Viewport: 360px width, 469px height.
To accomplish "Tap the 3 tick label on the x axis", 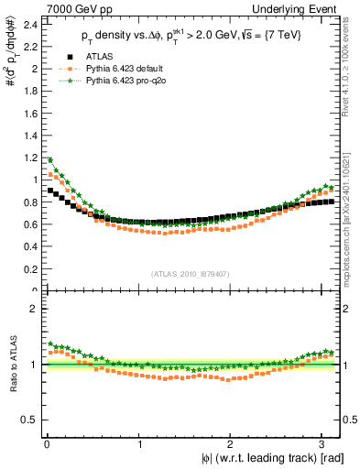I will (x=325, y=444).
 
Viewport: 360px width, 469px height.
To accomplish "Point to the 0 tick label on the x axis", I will (x=46, y=444).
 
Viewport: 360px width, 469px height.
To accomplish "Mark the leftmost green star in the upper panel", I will (x=50, y=159).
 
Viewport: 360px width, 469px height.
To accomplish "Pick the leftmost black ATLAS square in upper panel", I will (x=50, y=191).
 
